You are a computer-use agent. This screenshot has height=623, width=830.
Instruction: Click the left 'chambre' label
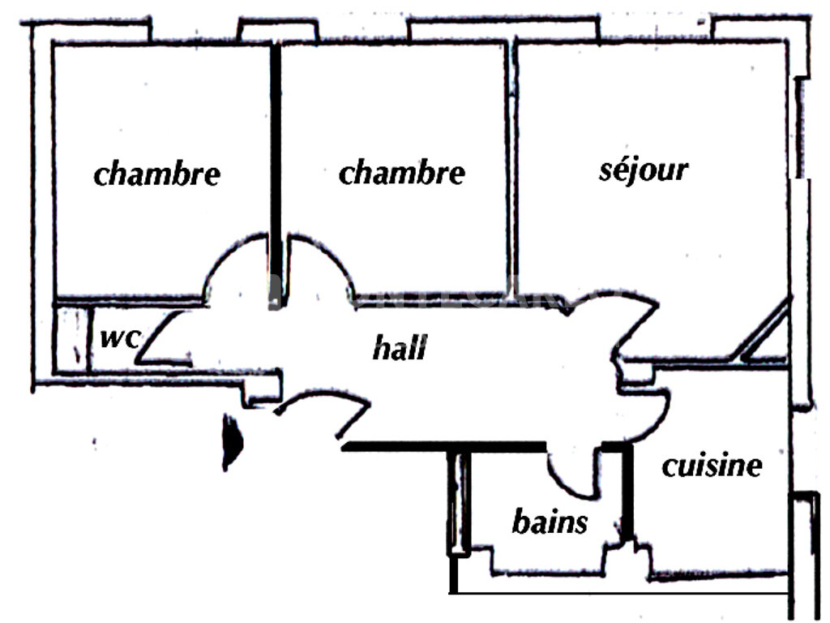coord(156,174)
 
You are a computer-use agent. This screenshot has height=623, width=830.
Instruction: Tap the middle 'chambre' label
coord(402,173)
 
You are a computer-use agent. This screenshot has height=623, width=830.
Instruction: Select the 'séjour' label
coord(644,170)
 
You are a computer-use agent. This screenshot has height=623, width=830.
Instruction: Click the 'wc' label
coord(121,338)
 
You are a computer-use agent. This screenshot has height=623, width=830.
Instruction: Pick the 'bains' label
coord(550,522)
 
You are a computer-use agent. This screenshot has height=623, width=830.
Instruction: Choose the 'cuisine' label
coord(712,466)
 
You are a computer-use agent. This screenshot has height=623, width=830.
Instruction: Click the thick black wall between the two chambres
coord(276,175)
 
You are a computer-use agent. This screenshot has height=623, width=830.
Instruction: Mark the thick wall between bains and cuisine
coord(627,492)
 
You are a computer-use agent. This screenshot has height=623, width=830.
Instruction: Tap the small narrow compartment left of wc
coord(72,339)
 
